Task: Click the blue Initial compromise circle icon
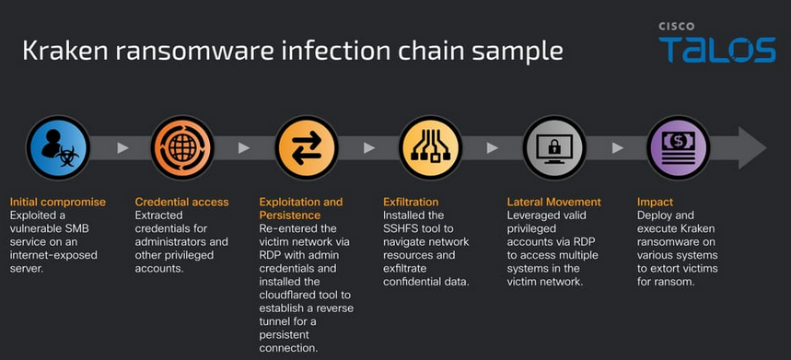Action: [58, 147]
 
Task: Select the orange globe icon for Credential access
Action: [182, 147]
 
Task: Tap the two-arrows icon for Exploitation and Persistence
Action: [307, 147]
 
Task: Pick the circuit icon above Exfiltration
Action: [430, 147]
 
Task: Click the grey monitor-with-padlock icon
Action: [554, 147]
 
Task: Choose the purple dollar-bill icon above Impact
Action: [679, 147]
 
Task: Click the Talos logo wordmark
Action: [716, 50]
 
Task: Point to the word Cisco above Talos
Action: [676, 26]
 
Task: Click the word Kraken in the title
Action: [62, 51]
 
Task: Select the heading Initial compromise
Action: [58, 203]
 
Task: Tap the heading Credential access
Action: [181, 203]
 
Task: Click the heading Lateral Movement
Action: [554, 203]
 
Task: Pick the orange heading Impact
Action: [655, 203]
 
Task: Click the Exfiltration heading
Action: [411, 203]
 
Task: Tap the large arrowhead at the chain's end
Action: [752, 147]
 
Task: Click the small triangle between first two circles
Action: [122, 147]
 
